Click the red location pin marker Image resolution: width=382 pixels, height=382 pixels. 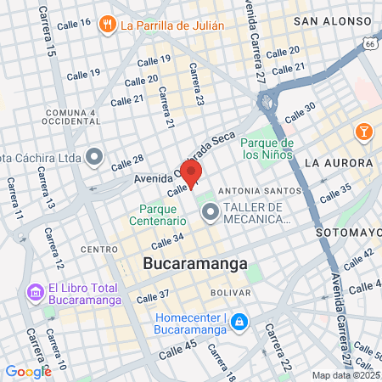click(x=192, y=173)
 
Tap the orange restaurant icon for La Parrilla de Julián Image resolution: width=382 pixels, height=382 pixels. click(x=107, y=25)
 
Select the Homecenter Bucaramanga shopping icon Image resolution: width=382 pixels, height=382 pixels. click(x=240, y=322)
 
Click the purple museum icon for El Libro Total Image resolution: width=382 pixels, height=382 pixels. click(x=36, y=292)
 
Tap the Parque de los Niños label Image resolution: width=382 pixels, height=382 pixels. click(x=267, y=149)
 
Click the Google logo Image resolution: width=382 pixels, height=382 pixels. click(x=28, y=371)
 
